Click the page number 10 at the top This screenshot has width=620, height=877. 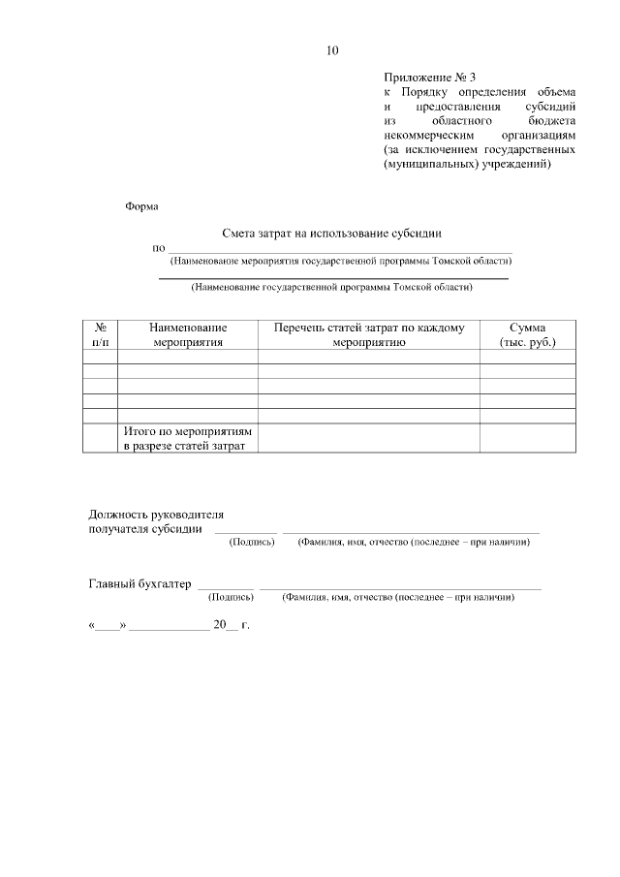pos(333,49)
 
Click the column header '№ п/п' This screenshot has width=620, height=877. pos(100,335)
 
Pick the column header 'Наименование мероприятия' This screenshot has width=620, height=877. pos(187,335)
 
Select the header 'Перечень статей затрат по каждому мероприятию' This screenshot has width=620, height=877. pos(368,335)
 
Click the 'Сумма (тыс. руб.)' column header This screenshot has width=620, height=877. pos(527,335)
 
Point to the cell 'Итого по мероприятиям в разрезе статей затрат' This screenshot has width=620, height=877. pos(187,438)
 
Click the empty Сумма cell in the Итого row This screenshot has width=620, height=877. pos(527,438)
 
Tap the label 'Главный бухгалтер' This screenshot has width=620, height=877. pos(140,583)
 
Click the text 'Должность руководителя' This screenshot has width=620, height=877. pos(156,515)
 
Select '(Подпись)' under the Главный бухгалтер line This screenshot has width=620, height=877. pos(231,598)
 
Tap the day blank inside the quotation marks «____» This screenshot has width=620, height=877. pos(108,626)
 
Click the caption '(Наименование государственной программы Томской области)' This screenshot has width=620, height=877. pos(332,287)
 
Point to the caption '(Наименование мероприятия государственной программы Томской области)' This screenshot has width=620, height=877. pos(340,261)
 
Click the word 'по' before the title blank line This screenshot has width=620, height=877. pos(159,248)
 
